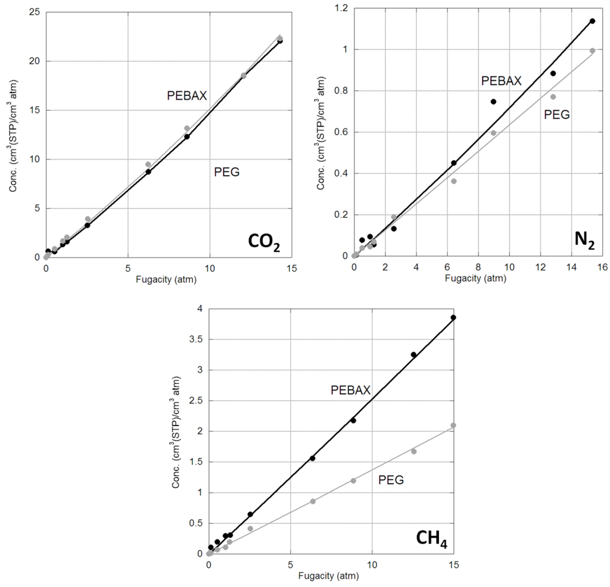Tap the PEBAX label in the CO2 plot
[186, 95]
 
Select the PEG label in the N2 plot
[558, 114]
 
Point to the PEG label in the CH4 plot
[391, 479]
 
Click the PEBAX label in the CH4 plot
[351, 390]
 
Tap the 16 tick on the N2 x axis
[602, 266]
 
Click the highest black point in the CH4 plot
[453, 318]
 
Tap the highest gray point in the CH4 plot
[453, 425]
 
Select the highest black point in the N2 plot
[592, 21]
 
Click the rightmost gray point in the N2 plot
[592, 51]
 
